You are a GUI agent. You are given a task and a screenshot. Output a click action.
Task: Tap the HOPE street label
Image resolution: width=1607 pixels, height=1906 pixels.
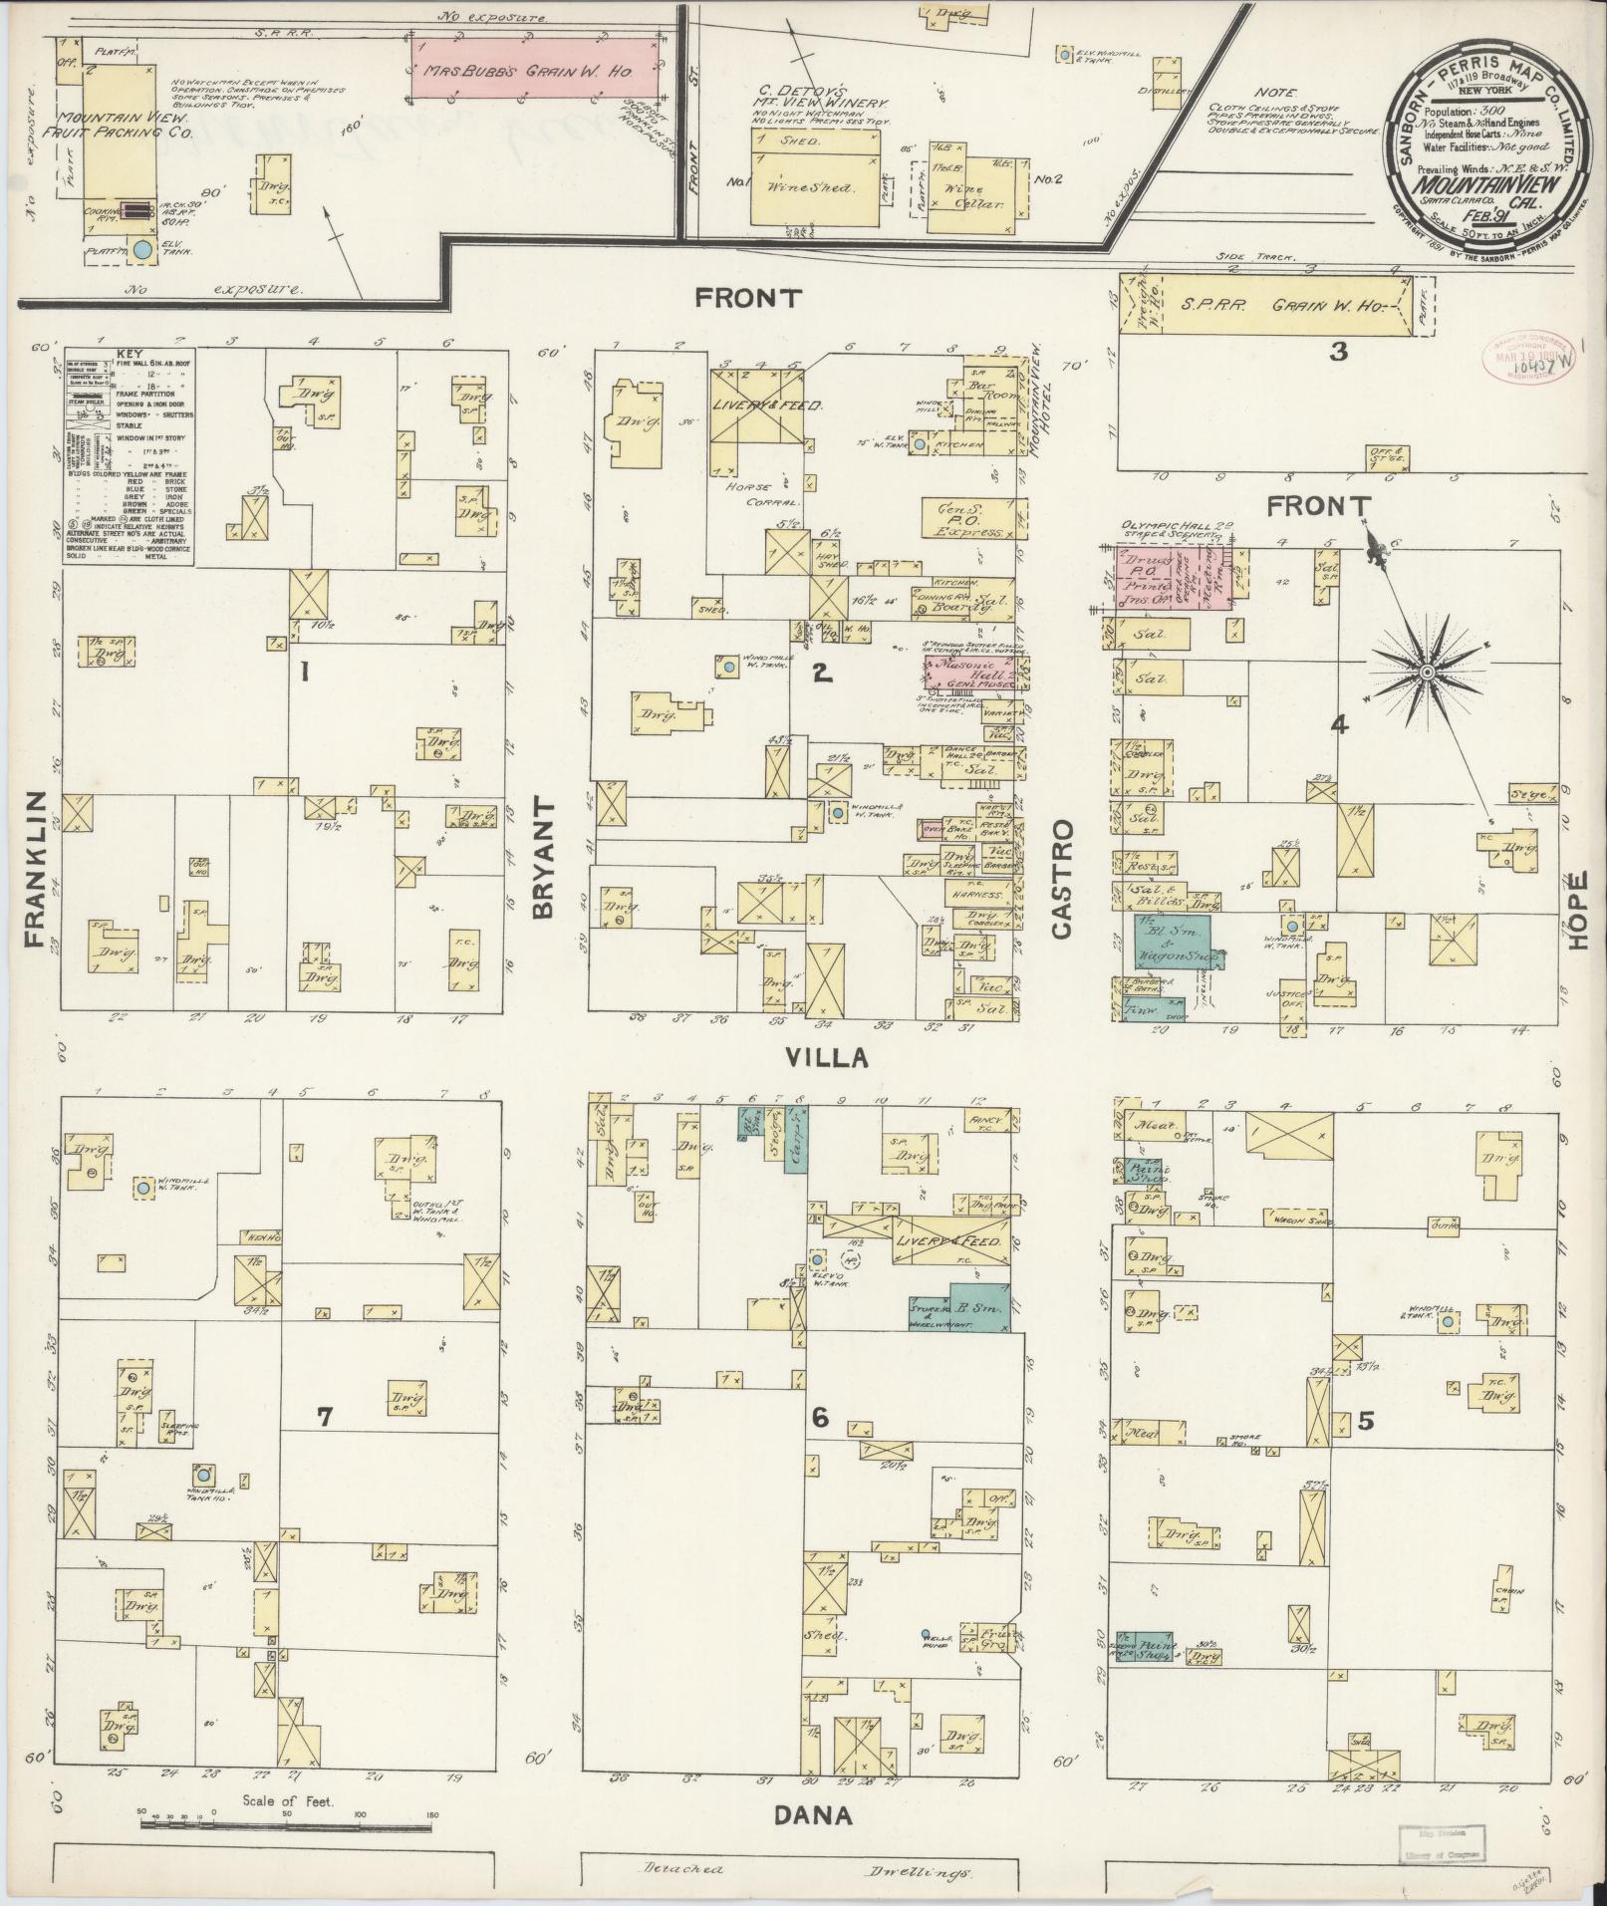[1578, 910]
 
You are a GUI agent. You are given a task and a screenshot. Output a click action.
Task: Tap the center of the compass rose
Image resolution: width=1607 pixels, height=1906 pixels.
[1427, 675]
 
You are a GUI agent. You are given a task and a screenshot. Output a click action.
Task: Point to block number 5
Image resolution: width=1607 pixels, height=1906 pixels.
[1366, 1421]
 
